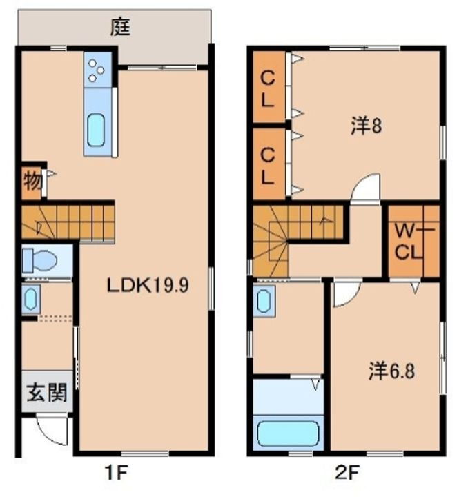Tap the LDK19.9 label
tap(147, 284)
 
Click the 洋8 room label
tap(367, 127)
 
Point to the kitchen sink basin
tap(97, 130)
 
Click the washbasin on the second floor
tap(264, 302)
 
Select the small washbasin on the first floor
tap(30, 299)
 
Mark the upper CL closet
tap(269, 89)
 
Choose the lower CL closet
tap(269, 164)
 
